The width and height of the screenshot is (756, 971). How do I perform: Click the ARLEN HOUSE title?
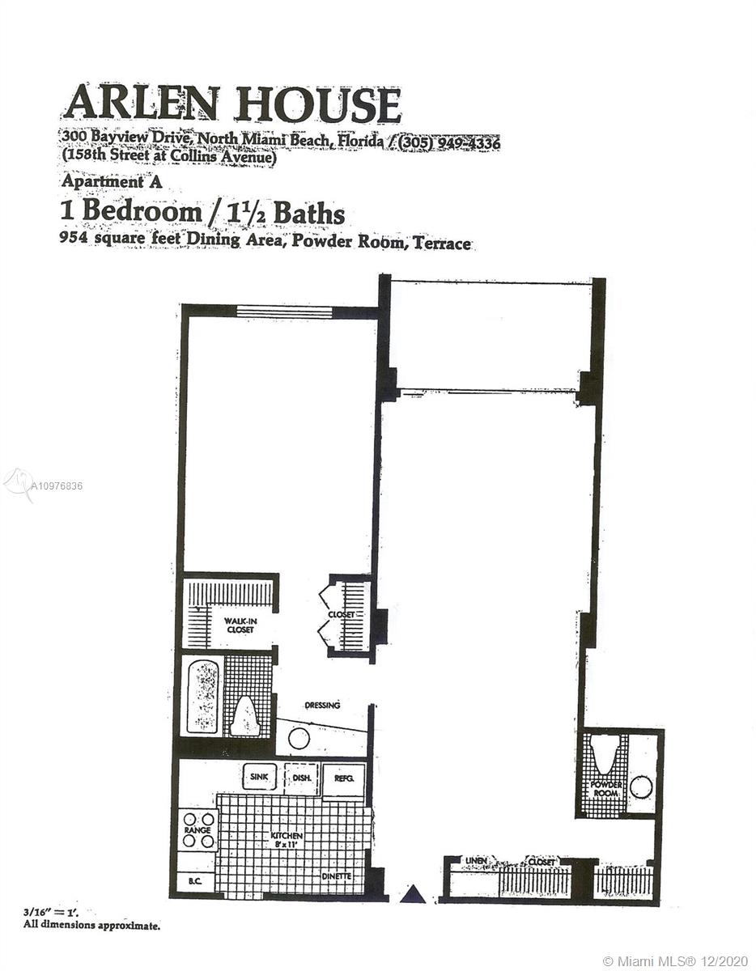[232, 104]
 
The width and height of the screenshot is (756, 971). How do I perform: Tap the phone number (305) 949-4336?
[448, 143]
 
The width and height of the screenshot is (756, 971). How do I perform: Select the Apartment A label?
[112, 182]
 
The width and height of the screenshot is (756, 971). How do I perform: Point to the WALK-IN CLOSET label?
[240, 626]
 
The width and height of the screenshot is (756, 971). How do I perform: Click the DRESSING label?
[322, 706]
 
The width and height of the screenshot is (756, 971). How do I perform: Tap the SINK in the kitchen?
[259, 777]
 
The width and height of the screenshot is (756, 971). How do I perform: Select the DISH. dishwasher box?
[302, 778]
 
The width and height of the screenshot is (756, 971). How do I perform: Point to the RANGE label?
[197, 830]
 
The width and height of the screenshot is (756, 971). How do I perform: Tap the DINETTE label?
[337, 876]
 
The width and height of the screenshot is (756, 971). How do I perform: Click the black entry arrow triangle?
[413, 895]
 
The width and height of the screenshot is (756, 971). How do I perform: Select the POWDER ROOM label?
[606, 789]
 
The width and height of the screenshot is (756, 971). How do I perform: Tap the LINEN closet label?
[476, 861]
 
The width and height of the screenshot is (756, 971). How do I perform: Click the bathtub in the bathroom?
[204, 698]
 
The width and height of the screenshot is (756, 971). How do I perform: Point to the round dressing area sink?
[299, 739]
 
